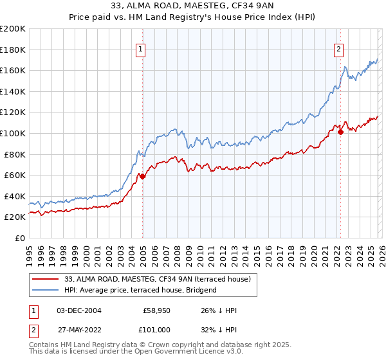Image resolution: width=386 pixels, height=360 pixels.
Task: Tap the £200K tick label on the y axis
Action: (13, 29)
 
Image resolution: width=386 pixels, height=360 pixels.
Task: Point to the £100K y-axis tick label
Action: (13, 133)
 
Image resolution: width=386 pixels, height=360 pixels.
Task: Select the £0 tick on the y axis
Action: (20, 238)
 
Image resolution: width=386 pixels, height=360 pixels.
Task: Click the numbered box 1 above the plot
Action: (140, 47)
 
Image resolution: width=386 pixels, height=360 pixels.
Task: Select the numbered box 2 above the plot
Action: (338, 47)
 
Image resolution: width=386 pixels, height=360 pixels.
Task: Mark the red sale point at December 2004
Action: (142, 176)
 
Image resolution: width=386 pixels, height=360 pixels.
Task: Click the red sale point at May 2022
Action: (340, 132)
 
